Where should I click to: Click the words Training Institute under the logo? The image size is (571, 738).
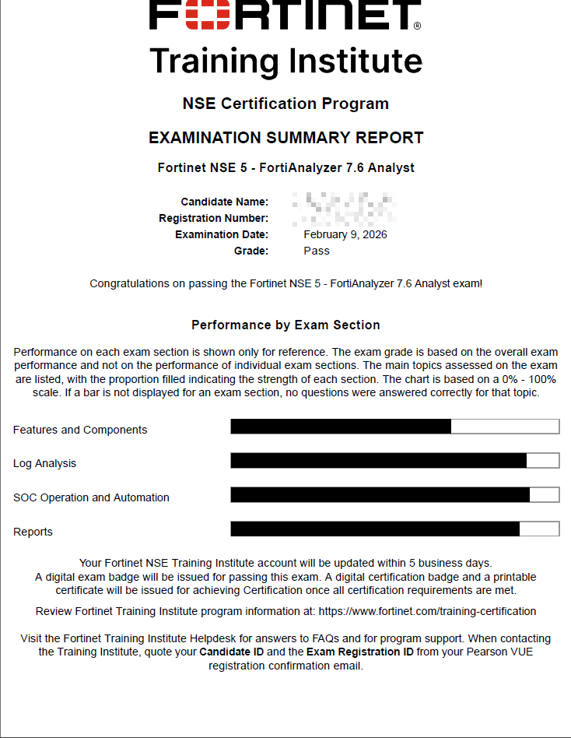tap(285, 61)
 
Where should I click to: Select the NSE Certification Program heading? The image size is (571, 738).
tap(285, 104)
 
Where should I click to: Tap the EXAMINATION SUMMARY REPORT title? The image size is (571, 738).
tap(285, 138)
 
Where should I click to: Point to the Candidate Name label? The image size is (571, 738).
tap(225, 202)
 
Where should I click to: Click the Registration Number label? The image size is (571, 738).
tap(214, 218)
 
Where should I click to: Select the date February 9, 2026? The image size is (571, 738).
tap(345, 234)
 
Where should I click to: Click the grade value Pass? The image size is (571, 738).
tap(317, 251)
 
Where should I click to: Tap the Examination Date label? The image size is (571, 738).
tap(222, 234)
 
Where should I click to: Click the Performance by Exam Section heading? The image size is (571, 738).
tap(285, 325)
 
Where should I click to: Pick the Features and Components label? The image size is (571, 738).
tap(80, 430)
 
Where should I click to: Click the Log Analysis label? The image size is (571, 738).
tap(45, 463)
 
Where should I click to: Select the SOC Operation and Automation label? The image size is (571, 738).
tap(91, 497)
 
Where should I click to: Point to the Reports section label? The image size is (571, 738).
tap(33, 532)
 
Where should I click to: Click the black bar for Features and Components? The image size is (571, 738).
tap(341, 427)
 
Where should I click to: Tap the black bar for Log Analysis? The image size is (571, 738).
tap(378, 460)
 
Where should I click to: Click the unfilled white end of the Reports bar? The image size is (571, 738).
tap(539, 529)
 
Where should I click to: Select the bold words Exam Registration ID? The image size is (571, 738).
tap(360, 652)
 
